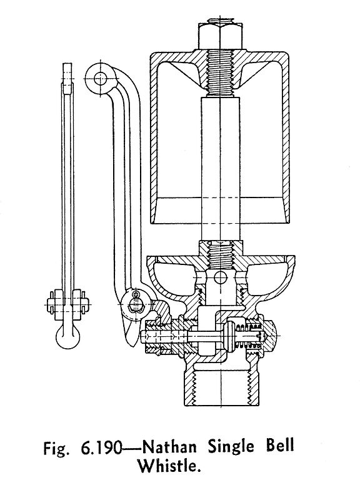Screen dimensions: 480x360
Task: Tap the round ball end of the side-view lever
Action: [x=67, y=336]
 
